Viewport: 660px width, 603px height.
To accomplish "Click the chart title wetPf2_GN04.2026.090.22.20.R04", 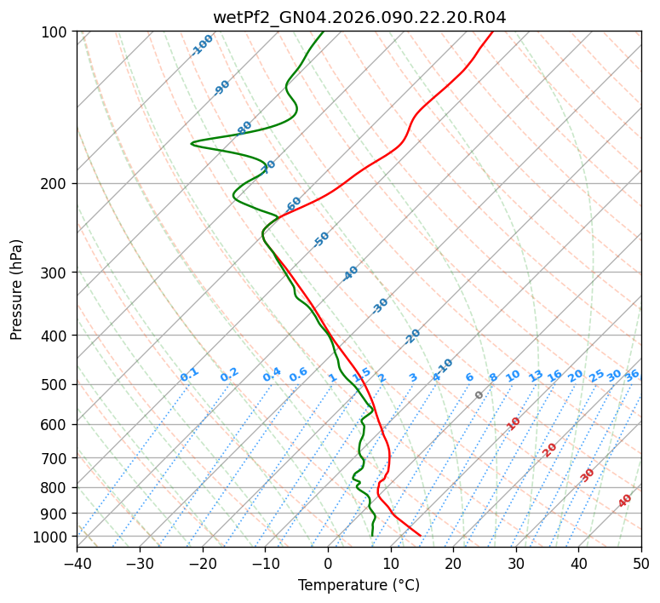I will [x=359, y=18].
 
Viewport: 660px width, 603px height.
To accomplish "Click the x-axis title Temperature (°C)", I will [x=359, y=586].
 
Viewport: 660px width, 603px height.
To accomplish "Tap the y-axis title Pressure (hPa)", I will [x=17, y=290].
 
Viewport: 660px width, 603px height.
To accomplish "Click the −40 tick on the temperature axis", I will [x=77, y=563].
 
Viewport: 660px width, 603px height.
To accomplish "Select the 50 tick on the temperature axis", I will [x=641, y=563].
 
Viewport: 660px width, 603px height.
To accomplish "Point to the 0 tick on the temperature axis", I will [x=328, y=563].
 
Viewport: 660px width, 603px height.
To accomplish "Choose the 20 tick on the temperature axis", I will [x=453, y=563].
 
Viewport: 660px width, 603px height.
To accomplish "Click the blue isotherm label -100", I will [x=202, y=45].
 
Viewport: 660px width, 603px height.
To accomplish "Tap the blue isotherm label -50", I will [x=321, y=239].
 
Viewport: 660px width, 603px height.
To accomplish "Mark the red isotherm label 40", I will [x=625, y=501].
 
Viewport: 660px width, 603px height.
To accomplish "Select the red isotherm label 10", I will [x=514, y=423].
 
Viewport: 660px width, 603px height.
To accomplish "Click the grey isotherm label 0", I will [x=479, y=395].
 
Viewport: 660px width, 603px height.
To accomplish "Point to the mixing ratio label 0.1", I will [x=189, y=375].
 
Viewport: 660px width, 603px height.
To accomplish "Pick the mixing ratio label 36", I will [x=632, y=375].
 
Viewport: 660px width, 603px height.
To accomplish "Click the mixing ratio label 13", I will [x=536, y=376].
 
